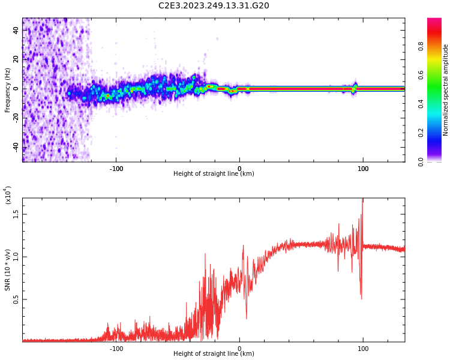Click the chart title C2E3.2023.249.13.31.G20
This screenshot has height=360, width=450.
tap(214, 6)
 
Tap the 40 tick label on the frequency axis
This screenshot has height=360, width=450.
tap(16, 30)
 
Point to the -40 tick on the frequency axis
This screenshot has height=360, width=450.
tap(16, 147)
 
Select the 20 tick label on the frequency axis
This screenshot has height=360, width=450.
tap(16, 59)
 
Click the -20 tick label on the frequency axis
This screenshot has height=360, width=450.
tap(16, 118)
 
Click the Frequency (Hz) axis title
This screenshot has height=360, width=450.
tap(7, 90)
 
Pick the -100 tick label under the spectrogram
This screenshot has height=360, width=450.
tap(116, 169)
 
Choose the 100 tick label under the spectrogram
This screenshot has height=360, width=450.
tap(363, 169)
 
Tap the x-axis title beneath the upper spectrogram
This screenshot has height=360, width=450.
tap(214, 174)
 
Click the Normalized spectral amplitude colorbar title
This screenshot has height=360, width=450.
tap(446, 90)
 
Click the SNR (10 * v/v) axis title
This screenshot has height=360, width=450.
tap(7, 270)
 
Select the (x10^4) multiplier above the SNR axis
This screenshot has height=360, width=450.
tap(8, 195)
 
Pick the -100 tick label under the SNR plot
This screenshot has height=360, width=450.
tap(116, 349)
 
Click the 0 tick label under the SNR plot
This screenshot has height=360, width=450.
tap(239, 349)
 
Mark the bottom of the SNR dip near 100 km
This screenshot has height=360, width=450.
tap(361, 298)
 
